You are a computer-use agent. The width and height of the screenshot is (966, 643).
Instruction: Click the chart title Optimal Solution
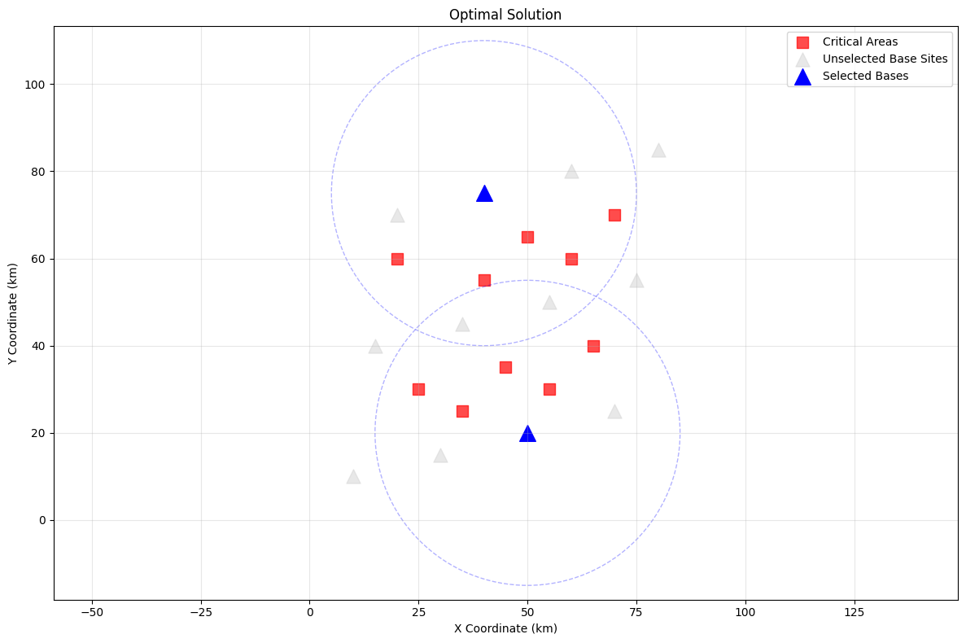click(505, 15)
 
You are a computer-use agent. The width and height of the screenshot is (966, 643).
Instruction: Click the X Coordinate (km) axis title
click(505, 628)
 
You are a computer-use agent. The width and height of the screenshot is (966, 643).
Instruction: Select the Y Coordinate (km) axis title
click(14, 313)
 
